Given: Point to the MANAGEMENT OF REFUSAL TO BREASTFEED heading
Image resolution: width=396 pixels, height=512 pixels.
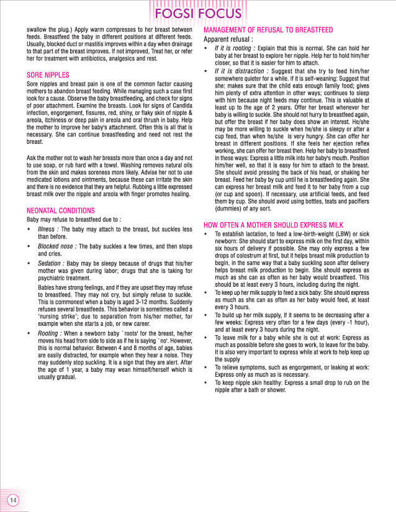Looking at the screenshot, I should click(x=268, y=30).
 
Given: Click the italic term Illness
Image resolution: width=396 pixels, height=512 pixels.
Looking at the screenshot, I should click(x=49, y=230).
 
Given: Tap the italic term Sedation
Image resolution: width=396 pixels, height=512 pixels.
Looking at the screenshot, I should click(x=52, y=263).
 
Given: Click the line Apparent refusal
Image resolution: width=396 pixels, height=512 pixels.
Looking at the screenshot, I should click(x=228, y=38).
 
